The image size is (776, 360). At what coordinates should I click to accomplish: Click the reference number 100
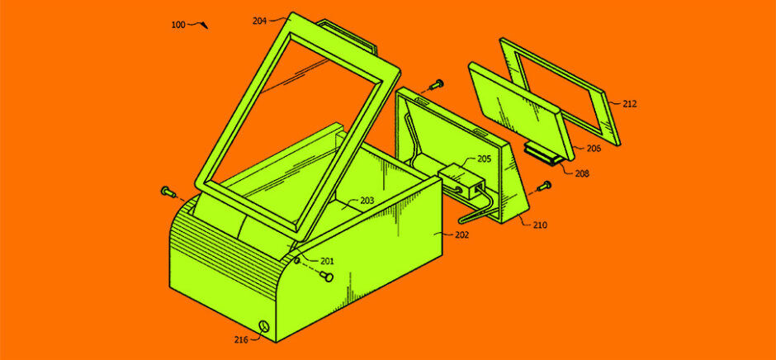click(178, 24)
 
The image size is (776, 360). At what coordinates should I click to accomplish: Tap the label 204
click(259, 21)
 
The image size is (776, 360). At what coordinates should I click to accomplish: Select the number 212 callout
click(630, 104)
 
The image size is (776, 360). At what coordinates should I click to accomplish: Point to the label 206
click(594, 148)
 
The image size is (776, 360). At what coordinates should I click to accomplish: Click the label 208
click(583, 174)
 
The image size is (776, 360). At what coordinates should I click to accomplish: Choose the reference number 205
click(485, 159)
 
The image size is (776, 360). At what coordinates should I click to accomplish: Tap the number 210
click(541, 225)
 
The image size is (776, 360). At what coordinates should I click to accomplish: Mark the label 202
click(461, 234)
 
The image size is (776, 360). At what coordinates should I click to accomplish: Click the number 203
click(367, 201)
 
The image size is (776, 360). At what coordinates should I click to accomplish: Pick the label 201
click(327, 261)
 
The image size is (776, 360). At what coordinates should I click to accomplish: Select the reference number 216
click(242, 339)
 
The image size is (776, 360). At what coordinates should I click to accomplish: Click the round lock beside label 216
click(264, 326)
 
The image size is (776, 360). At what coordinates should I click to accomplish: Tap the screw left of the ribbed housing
click(166, 190)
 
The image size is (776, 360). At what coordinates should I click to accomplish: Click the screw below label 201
click(327, 275)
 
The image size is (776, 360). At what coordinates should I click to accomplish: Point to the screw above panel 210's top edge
click(436, 85)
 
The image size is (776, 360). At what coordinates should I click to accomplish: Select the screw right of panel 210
click(544, 187)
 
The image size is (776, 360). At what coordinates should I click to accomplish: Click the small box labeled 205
click(458, 179)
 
